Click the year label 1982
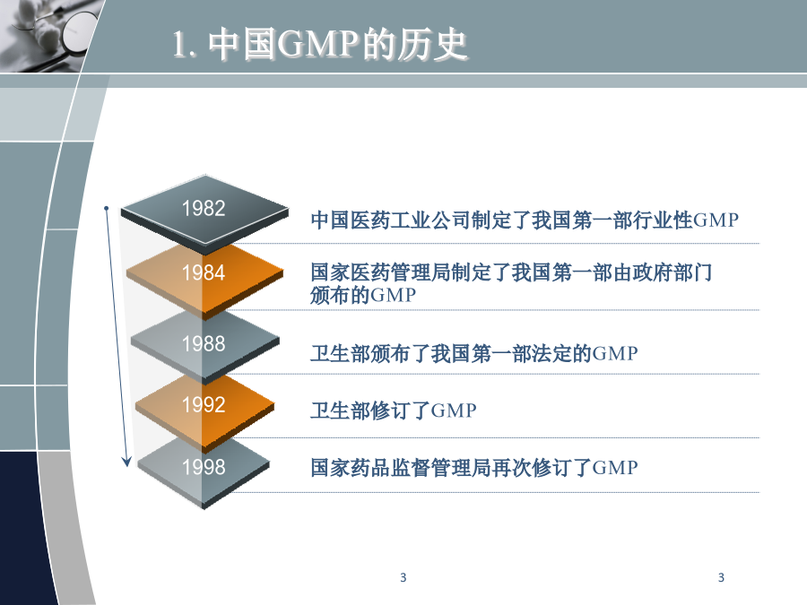point(204,208)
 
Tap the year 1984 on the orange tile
point(204,272)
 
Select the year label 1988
point(204,343)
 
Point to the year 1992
point(204,405)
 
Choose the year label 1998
point(204,467)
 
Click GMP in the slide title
point(318,44)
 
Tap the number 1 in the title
point(178,44)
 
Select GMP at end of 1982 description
point(716,220)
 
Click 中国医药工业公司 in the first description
point(391,220)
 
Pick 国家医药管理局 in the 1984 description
point(381,272)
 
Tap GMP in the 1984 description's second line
point(394,295)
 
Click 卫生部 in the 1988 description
point(340,354)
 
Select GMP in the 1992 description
point(454,411)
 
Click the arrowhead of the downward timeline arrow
point(126,461)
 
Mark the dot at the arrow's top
point(106,208)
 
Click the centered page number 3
point(403,578)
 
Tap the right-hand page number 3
point(721,578)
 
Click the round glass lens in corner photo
point(79,32)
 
